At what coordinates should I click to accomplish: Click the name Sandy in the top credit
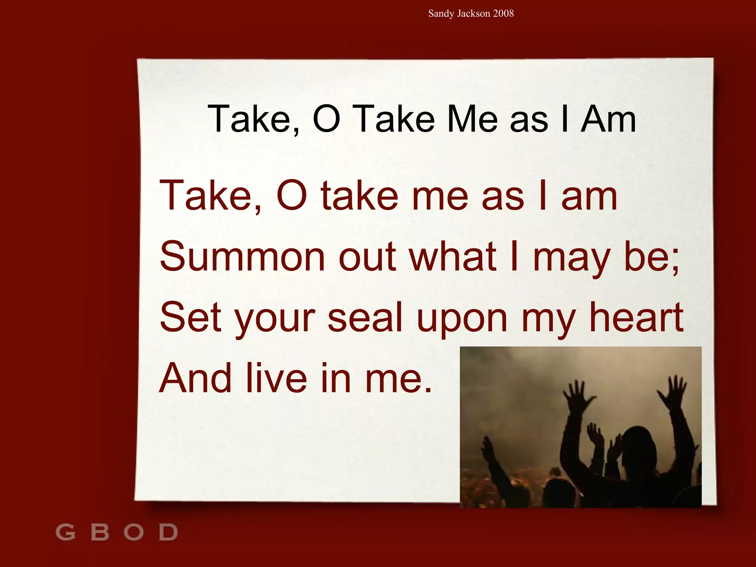(x=441, y=14)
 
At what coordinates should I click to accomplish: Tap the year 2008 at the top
(x=503, y=14)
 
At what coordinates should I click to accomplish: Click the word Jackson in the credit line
(x=473, y=14)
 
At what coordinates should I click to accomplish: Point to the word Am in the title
(x=608, y=119)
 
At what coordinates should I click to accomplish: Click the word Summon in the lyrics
(x=242, y=256)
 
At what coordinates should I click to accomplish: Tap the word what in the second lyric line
(x=453, y=256)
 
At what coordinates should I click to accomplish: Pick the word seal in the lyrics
(x=365, y=317)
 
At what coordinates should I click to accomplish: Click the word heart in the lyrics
(x=636, y=317)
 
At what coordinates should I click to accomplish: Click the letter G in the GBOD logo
(x=65, y=532)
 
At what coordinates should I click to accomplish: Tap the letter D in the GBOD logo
(x=168, y=532)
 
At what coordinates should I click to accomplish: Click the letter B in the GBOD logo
(x=100, y=532)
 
